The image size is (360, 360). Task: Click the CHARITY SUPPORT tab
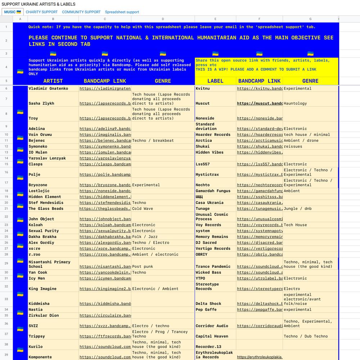click(x=41, y=12)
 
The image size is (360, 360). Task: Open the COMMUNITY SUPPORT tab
click(x=81, y=12)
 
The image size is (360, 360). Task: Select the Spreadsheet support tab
click(x=122, y=12)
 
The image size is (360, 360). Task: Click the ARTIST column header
click(x=53, y=81)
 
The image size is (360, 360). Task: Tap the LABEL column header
click(x=215, y=81)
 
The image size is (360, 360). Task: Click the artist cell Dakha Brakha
click(x=42, y=237)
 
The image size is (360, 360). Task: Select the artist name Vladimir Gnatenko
click(x=48, y=89)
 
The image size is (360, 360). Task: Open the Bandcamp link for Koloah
click(x=105, y=225)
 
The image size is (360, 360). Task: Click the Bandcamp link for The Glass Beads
click(x=105, y=209)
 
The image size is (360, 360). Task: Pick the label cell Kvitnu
click(x=203, y=89)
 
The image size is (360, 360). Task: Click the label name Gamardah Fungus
click(x=213, y=191)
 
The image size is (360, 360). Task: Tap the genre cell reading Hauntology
click(x=295, y=103)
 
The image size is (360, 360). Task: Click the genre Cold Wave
click(x=143, y=209)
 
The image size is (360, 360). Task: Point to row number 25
click(x=6, y=237)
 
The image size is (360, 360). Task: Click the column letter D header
click(x=163, y=19)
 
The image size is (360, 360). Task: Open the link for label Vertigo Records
click(x=260, y=249)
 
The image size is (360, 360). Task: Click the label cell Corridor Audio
click(x=212, y=326)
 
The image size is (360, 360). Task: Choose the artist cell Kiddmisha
click(x=39, y=304)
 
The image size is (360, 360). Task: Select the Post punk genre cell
click(x=143, y=267)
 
